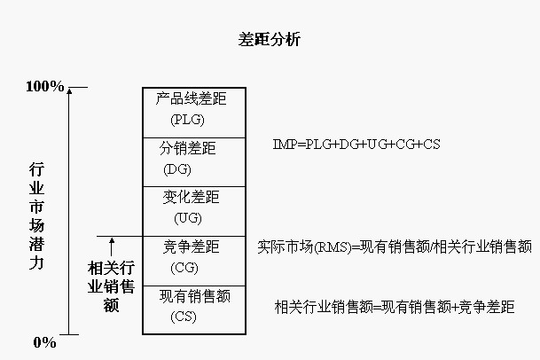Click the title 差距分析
pos(269,39)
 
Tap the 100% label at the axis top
pos(45,86)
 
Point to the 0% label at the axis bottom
pos(44,342)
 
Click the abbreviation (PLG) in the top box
pos(187,120)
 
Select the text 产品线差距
pos(192,98)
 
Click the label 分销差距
pos(188,148)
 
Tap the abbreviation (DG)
pos(177,169)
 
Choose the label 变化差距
pos(192,197)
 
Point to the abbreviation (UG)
pos(188,218)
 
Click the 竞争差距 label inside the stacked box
pos(192,247)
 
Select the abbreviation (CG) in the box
pos(184,268)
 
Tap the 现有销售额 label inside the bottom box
pos(194,296)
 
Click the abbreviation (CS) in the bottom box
pos(184,317)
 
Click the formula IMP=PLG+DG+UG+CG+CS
pos(356,144)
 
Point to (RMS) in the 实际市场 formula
pos(333,247)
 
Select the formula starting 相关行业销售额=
pos(395,307)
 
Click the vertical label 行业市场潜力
pos(36,216)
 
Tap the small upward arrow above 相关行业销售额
pos(112,247)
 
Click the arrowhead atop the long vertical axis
pos(69,91)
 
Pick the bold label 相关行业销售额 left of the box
pos(111,286)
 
